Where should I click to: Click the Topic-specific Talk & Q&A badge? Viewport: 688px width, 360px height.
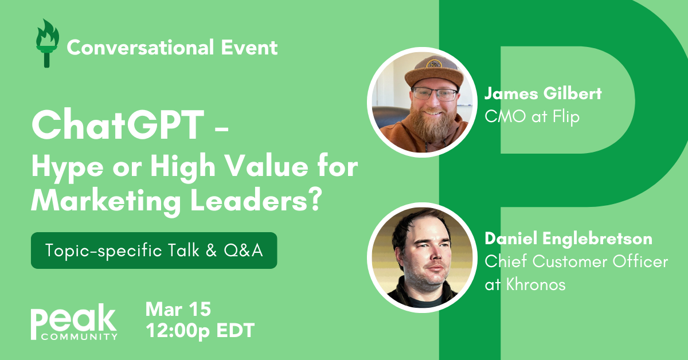[x=154, y=251]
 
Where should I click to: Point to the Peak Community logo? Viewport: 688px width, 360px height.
[x=74, y=324]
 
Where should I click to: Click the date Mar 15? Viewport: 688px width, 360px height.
[x=178, y=310]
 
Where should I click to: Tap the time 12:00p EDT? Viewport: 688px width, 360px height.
[x=200, y=331]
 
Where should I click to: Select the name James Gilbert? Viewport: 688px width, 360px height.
[x=543, y=93]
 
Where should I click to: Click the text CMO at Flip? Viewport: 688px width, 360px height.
[x=532, y=116]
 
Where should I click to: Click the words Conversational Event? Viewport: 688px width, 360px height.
[x=172, y=47]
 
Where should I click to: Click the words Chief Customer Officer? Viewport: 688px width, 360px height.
[x=576, y=261]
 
